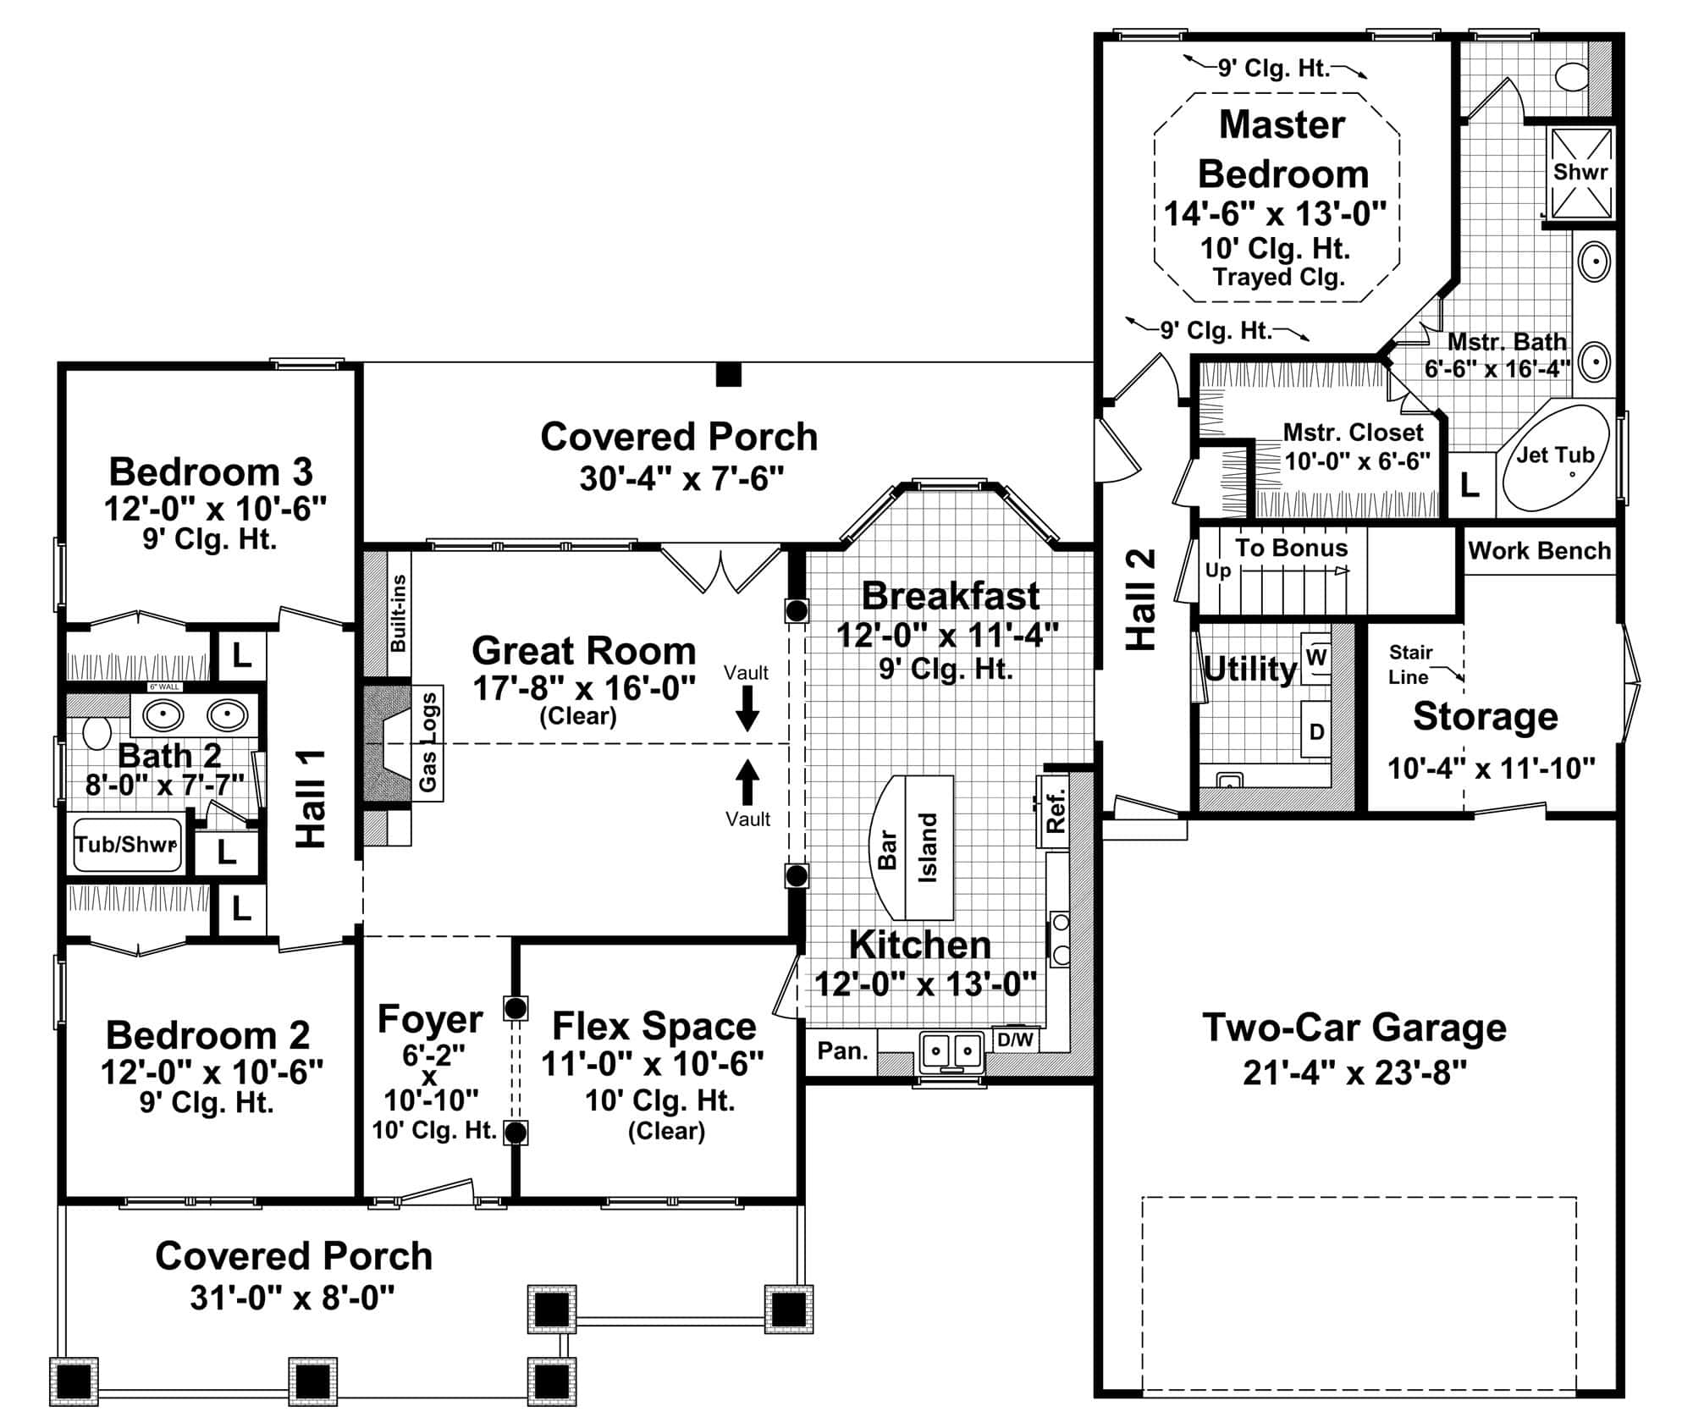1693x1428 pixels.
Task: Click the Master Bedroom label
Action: point(1282,150)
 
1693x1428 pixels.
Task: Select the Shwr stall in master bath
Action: point(1580,173)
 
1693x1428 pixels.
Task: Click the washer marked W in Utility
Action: point(1316,657)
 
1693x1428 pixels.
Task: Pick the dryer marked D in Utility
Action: point(1316,731)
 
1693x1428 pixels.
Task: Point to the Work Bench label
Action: point(1539,551)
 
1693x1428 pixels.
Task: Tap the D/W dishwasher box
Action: point(1015,1039)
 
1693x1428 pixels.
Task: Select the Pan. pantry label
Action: point(842,1051)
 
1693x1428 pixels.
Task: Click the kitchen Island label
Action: point(929,848)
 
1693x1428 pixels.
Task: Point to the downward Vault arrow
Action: point(747,708)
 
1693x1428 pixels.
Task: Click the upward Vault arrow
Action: point(747,781)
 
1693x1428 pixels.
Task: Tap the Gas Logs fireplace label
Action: point(428,742)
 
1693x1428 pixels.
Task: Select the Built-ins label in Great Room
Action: point(398,614)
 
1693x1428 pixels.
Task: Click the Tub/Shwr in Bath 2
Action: point(127,845)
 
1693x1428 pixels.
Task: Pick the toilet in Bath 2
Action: point(97,732)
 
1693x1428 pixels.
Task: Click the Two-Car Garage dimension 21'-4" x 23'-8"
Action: point(1354,1073)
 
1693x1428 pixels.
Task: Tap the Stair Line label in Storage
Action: point(1410,664)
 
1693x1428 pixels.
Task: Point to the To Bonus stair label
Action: point(1291,549)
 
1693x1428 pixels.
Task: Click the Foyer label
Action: point(430,1019)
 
